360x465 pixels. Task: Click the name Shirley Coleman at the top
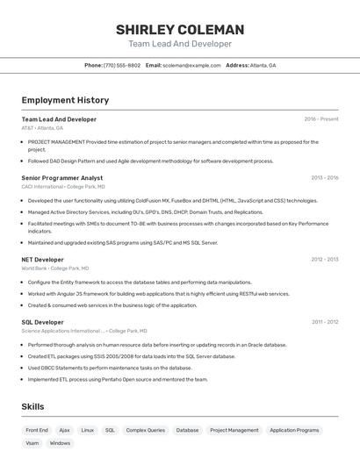click(180, 30)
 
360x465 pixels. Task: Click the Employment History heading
click(65, 101)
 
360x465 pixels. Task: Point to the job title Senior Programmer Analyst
click(62, 177)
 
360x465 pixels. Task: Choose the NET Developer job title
click(43, 260)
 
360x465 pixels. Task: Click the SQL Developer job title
click(43, 322)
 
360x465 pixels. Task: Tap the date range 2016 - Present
click(321, 119)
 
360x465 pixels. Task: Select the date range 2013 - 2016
click(325, 177)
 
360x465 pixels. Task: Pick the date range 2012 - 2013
click(325, 260)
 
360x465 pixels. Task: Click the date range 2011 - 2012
click(325, 322)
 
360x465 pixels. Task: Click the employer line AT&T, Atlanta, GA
click(42, 128)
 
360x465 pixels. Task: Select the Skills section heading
click(33, 407)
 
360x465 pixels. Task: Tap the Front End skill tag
click(37, 430)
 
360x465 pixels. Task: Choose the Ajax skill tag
click(64, 430)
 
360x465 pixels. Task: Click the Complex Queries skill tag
click(145, 430)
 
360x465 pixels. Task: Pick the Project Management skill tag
click(234, 430)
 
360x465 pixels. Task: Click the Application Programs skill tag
click(294, 430)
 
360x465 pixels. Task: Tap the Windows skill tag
click(60, 443)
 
